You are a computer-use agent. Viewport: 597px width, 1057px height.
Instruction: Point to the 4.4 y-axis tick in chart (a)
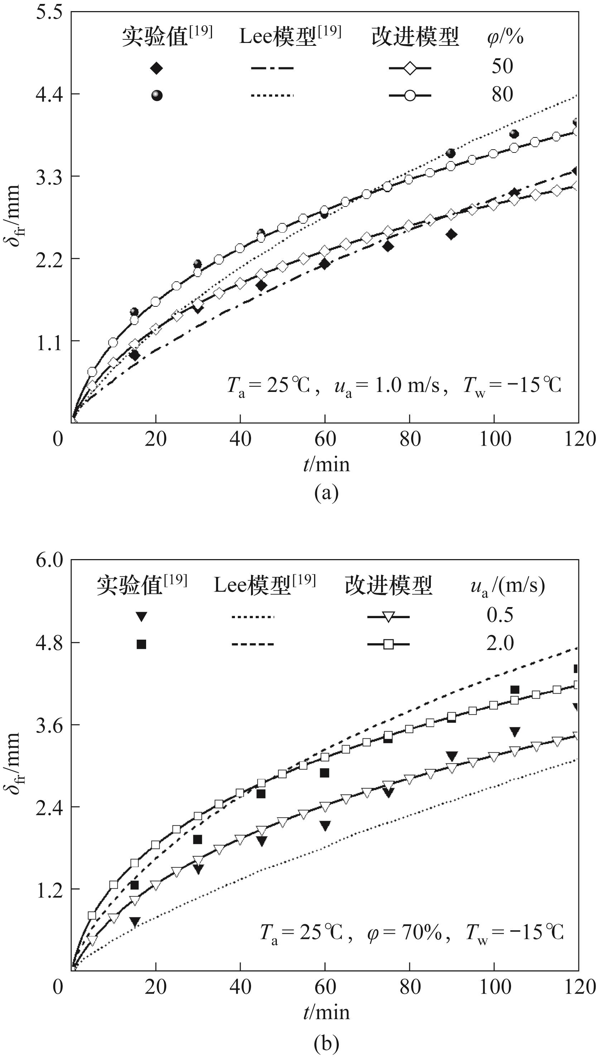[48, 94]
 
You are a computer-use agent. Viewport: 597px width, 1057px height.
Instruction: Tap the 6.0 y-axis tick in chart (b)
[48, 560]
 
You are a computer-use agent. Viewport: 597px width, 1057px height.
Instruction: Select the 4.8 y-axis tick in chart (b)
[48, 643]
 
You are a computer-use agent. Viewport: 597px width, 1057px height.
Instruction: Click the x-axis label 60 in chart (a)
[325, 439]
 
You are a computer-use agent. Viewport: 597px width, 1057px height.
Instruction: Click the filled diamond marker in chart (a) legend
[156, 68]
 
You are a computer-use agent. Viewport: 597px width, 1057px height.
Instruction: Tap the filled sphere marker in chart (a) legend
[157, 96]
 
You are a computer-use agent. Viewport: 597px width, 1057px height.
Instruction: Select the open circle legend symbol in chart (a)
[410, 96]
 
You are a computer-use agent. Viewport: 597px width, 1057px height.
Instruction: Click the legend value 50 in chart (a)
[502, 67]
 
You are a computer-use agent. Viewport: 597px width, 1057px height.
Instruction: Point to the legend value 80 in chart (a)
[502, 94]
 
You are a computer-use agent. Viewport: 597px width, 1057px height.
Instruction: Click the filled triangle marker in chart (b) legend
[141, 616]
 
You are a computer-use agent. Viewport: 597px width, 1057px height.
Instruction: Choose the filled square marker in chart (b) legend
[141, 644]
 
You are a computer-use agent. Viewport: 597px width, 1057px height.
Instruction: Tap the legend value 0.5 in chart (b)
[500, 615]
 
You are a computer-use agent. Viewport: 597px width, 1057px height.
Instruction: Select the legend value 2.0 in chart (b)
[500, 643]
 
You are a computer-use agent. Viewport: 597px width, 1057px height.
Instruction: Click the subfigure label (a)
[326, 493]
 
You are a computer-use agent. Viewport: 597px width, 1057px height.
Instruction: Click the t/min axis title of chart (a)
[326, 465]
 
